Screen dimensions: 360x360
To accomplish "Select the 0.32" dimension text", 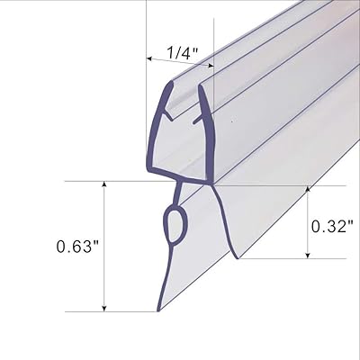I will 332,225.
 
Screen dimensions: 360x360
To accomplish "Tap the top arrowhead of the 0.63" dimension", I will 106,184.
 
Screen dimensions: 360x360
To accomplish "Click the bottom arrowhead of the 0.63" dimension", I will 106,308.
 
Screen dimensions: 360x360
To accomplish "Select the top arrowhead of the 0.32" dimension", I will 308,191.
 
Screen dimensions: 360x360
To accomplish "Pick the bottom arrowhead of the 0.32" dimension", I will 308,255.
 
